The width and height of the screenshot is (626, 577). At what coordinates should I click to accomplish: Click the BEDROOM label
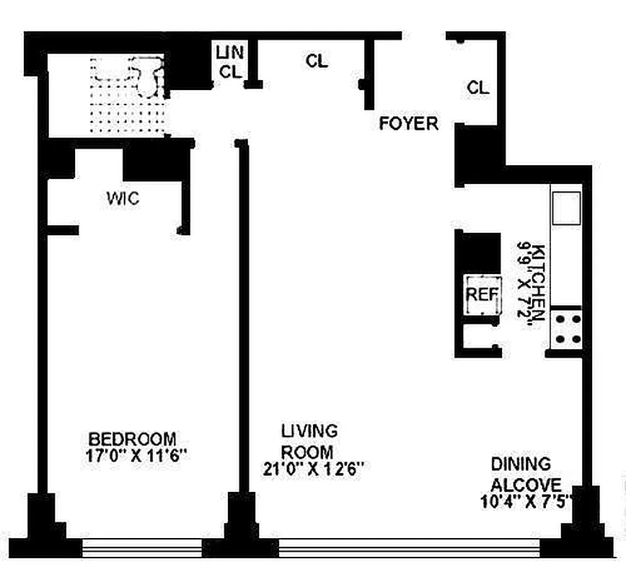132,439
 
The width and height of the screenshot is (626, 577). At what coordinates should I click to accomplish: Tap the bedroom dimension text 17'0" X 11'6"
136,456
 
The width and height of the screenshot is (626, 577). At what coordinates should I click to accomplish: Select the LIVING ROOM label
309,441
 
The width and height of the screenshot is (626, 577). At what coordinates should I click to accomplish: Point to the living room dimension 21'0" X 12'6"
314,469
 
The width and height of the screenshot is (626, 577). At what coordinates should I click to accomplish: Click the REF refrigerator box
482,295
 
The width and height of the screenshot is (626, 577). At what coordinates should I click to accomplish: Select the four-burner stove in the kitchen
567,329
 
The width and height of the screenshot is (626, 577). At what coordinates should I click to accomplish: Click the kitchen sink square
566,208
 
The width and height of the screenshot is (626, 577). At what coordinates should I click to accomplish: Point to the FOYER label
408,123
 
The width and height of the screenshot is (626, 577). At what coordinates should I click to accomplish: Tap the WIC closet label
123,198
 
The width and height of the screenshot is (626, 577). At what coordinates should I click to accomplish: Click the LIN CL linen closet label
230,62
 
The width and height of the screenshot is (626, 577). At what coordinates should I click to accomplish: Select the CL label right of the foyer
478,87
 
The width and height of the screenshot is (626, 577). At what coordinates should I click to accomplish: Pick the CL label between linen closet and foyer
317,61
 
